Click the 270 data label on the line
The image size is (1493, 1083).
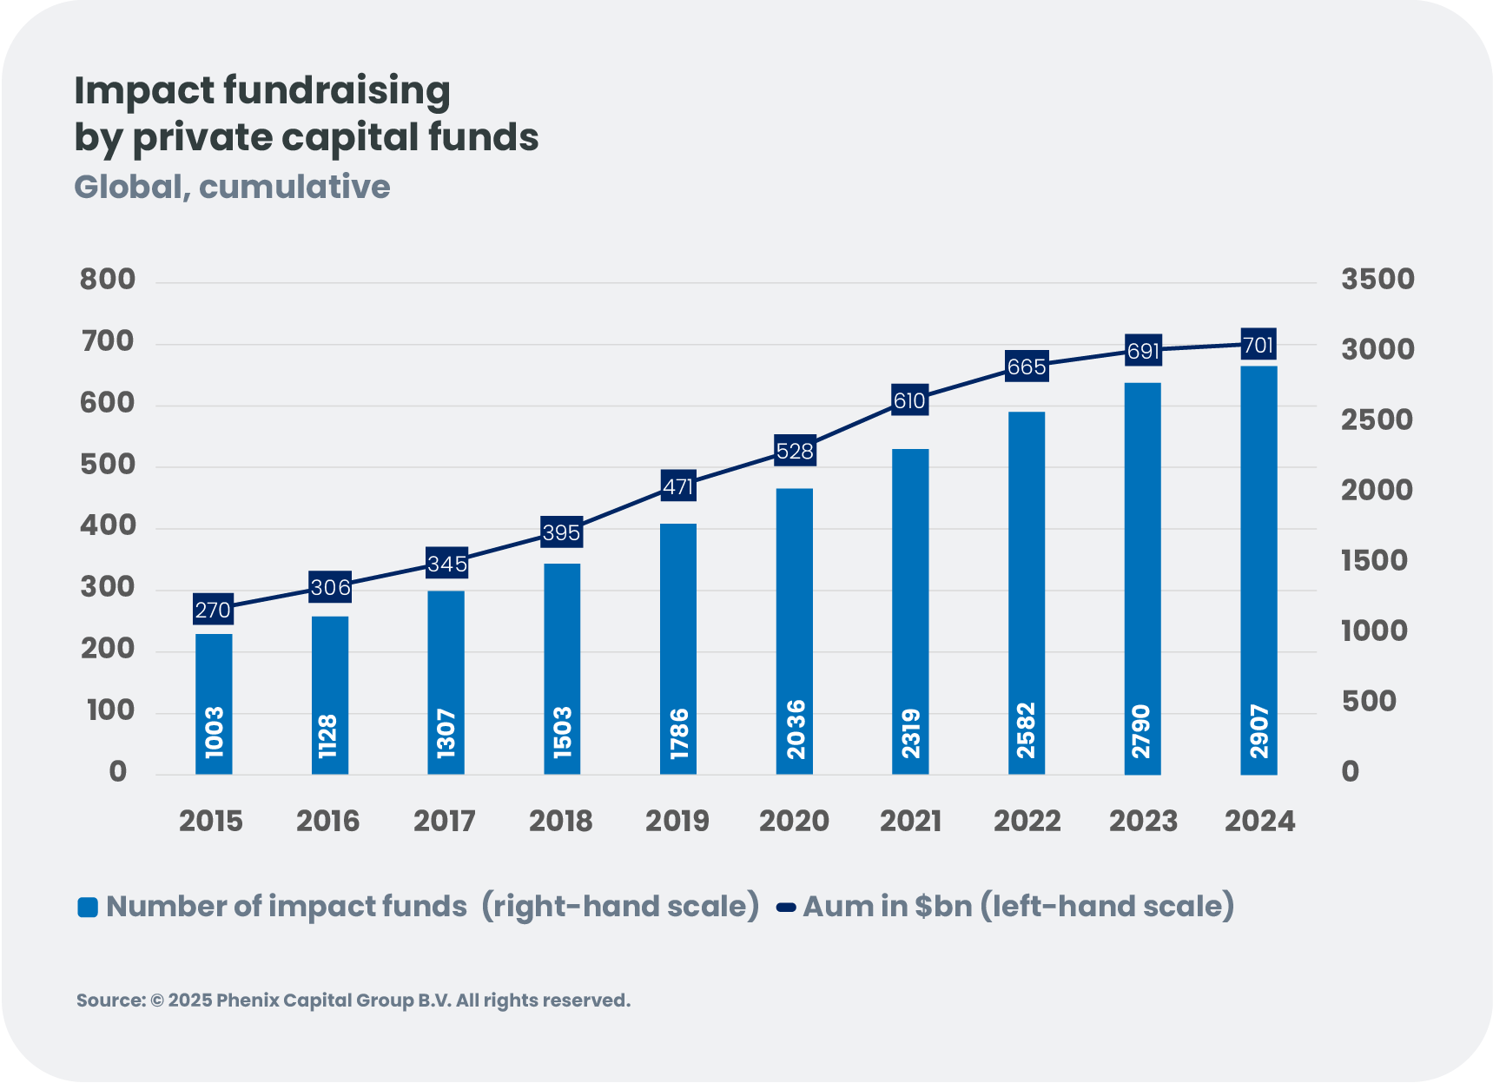213,610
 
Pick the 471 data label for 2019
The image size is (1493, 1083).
678,486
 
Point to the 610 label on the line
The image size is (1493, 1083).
909,400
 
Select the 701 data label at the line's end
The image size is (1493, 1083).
1258,345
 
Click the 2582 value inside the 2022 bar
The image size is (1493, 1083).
1027,730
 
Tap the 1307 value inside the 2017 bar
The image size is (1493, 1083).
446,733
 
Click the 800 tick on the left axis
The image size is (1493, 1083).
108,280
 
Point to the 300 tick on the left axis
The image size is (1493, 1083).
108,587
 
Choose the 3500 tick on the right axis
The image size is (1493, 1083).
1377,280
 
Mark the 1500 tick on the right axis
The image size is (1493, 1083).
1374,561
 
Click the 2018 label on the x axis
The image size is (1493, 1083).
561,821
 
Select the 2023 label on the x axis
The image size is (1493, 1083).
1143,821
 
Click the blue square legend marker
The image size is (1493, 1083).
88,908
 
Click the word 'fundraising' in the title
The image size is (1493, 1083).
337,91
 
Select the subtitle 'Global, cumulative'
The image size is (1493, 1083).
232,187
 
